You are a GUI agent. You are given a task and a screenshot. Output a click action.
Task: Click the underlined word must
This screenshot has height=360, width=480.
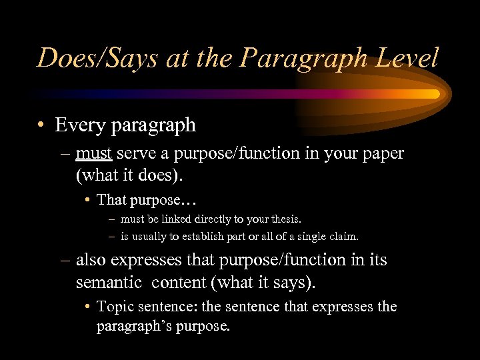[95, 153]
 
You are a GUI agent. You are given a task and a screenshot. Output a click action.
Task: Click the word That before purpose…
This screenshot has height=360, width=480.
[111, 199]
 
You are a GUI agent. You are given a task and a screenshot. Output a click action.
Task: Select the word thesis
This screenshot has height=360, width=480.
[283, 219]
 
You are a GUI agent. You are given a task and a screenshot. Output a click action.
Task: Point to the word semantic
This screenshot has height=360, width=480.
[109, 282]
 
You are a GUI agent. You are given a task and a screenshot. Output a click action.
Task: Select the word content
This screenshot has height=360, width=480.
[178, 282]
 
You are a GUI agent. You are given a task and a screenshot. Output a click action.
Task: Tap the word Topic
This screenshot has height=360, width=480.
[114, 307]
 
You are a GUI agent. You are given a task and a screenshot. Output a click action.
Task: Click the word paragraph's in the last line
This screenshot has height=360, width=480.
[133, 327]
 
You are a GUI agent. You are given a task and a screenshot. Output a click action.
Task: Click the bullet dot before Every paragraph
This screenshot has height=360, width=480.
[41, 125]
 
